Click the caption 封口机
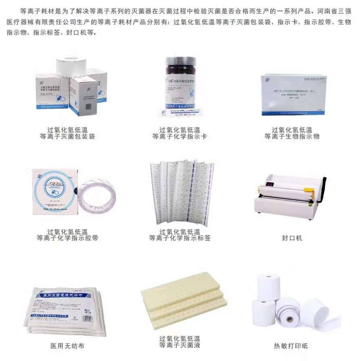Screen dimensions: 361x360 pos(291,238)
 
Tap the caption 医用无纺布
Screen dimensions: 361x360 pos(67,346)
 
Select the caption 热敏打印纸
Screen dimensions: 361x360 pos(291,346)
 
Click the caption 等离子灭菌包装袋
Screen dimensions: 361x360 pos(67,137)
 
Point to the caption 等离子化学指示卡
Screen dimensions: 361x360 pos(179,137)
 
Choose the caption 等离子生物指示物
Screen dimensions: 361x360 pos(292,137)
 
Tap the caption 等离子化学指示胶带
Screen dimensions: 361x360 pos(67,238)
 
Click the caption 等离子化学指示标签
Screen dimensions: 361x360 pos(179,238)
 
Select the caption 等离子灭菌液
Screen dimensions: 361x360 pos(179,345)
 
